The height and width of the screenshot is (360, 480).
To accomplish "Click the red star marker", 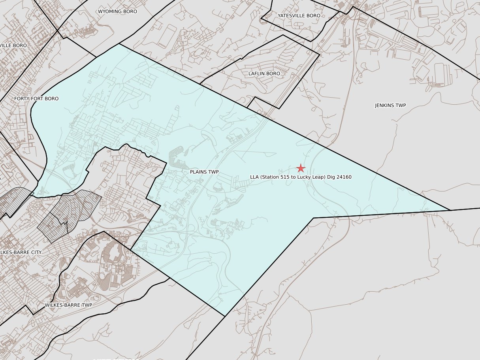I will click(x=301, y=168).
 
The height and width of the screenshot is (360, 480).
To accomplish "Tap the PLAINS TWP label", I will click(x=204, y=172).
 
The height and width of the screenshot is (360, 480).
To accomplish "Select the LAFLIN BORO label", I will click(x=264, y=74).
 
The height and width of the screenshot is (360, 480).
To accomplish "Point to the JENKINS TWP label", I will click(x=390, y=106).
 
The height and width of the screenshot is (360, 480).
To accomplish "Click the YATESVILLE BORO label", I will click(x=299, y=15).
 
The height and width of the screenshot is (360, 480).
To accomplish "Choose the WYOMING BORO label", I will click(x=117, y=11).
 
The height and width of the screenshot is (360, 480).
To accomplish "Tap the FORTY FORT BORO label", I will click(x=36, y=98).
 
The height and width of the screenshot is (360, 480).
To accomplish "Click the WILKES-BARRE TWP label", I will click(x=68, y=305).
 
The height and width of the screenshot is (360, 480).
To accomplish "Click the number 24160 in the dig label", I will click(x=344, y=177).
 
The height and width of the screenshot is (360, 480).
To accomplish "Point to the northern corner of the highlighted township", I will click(x=119, y=44).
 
